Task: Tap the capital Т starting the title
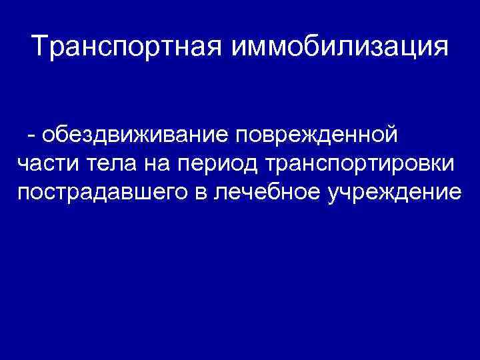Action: [40, 47]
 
